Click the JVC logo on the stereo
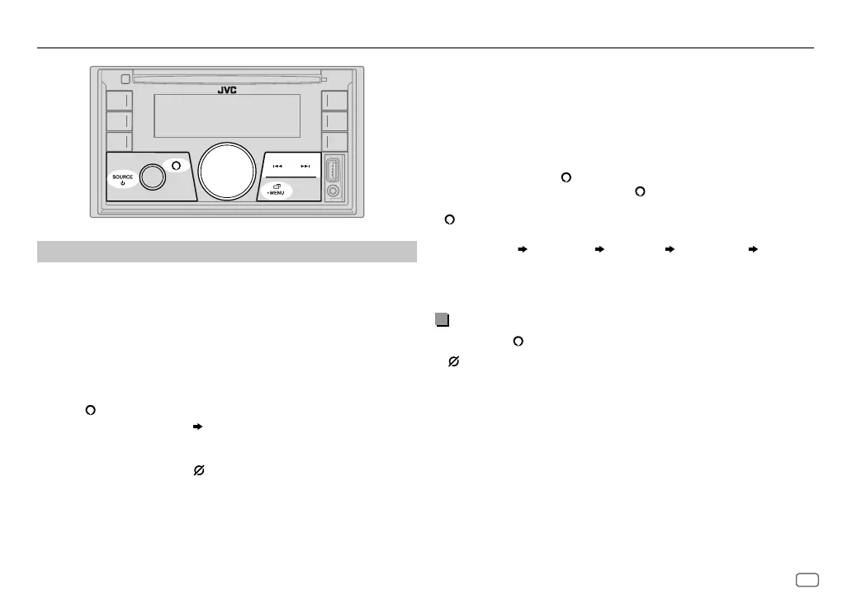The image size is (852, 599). pyautogui.click(x=227, y=91)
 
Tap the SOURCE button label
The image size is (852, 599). pyautogui.click(x=122, y=177)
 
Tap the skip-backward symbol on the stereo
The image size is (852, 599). pyautogui.click(x=277, y=167)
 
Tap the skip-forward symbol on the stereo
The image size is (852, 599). pyautogui.click(x=305, y=167)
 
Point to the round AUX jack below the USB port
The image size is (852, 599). pyautogui.click(x=334, y=191)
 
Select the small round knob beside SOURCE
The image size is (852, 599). pyautogui.click(x=152, y=176)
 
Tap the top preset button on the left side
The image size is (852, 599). pyautogui.click(x=117, y=101)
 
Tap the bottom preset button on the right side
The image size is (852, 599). pyautogui.click(x=334, y=141)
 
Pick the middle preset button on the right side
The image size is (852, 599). pyautogui.click(x=334, y=121)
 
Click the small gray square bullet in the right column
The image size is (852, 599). pyautogui.click(x=442, y=320)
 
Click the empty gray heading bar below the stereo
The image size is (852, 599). pyautogui.click(x=226, y=251)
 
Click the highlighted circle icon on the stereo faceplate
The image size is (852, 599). pyautogui.click(x=176, y=164)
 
